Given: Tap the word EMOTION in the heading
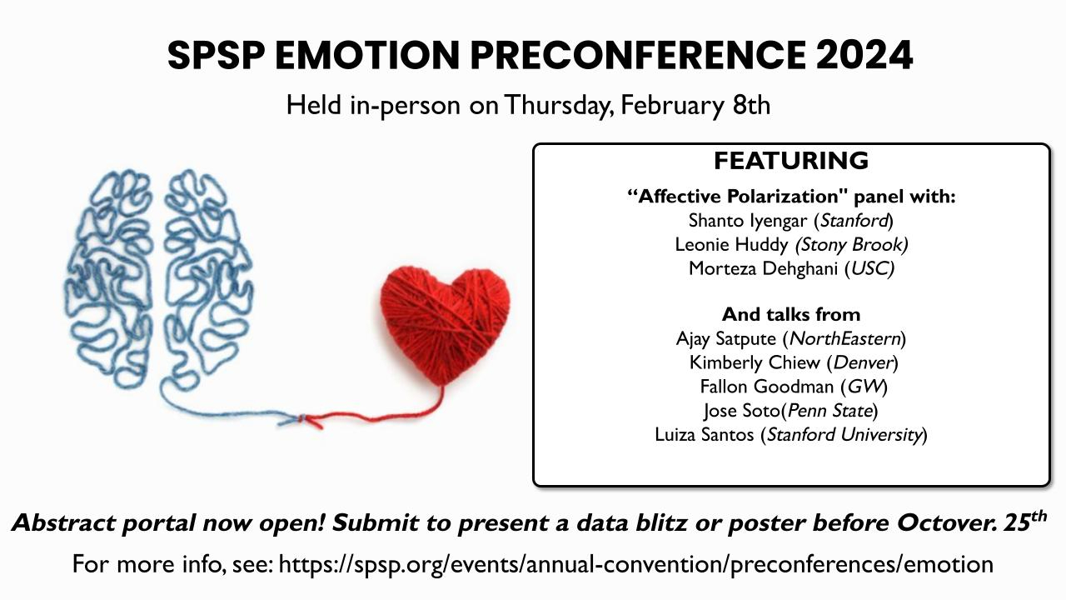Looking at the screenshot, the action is [367, 55].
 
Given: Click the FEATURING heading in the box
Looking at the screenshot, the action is [791, 161].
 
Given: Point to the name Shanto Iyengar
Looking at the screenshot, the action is [748, 221].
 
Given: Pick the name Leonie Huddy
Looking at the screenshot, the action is [731, 245].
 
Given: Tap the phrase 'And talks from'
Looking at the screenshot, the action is [791, 314].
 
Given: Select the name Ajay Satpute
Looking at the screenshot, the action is [726, 339].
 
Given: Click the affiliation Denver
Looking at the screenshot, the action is [862, 362].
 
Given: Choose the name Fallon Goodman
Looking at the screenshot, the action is [767, 387].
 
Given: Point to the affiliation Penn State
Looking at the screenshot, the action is [830, 411].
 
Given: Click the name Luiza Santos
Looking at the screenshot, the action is [705, 435].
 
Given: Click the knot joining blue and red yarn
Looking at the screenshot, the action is [301, 419].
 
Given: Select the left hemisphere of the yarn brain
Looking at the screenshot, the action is [109, 278].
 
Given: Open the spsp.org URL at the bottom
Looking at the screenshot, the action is [635, 564].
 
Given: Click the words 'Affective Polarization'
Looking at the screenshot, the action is [738, 197].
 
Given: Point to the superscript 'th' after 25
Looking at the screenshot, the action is [1037, 515].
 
